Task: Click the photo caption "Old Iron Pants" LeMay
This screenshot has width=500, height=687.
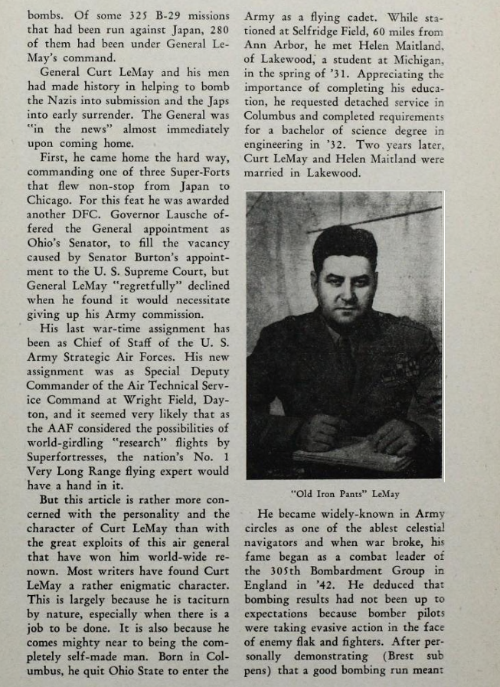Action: point(346,495)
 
